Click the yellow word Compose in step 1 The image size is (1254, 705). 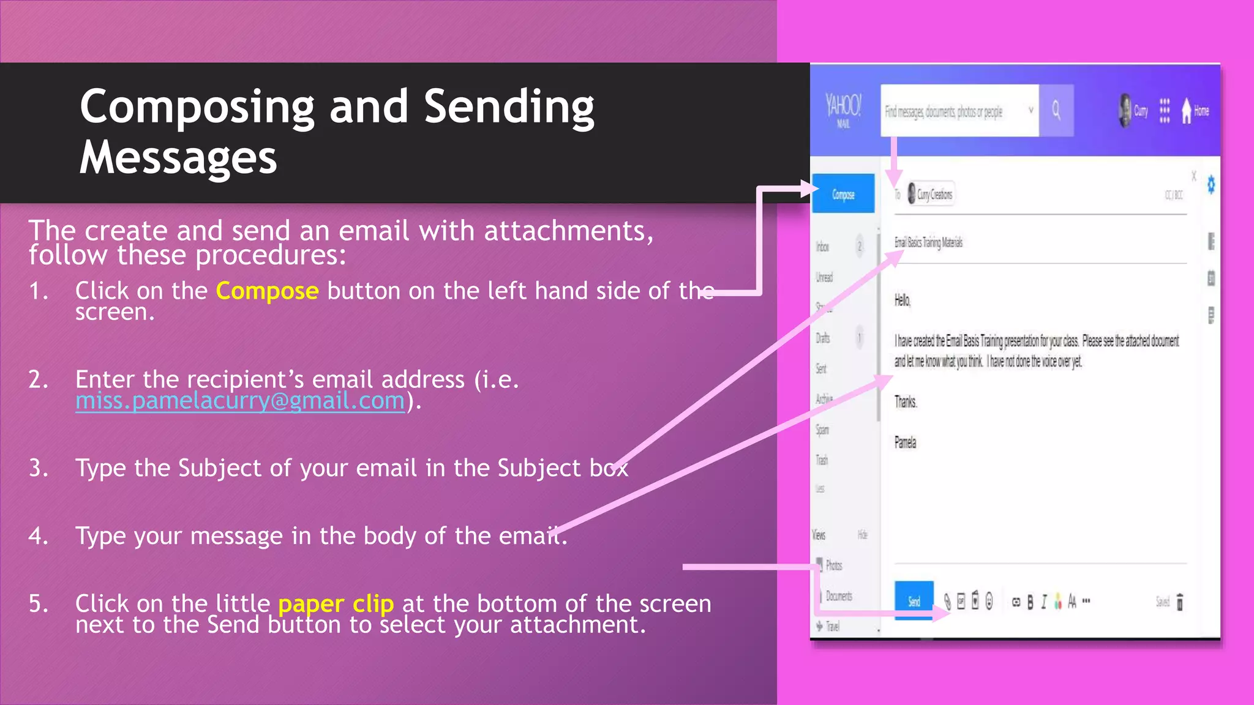click(x=267, y=291)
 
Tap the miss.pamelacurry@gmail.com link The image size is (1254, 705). click(x=240, y=401)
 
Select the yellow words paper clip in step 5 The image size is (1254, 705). click(x=336, y=604)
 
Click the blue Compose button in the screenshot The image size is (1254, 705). click(x=843, y=194)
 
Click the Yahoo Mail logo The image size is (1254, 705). click(x=843, y=109)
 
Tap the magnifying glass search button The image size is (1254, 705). click(x=1056, y=110)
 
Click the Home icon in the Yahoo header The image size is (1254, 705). click(x=1187, y=111)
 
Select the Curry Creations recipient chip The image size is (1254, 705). click(x=931, y=195)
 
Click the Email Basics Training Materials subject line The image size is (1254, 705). click(x=928, y=242)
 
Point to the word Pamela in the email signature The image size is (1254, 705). click(x=905, y=442)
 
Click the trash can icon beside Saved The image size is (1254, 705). click(x=1180, y=602)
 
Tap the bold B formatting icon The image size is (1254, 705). click(x=1030, y=602)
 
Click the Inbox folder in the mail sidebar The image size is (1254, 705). click(x=822, y=247)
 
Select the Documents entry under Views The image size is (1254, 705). click(x=838, y=595)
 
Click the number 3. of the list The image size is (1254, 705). click(x=39, y=468)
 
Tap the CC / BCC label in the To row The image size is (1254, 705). click(x=1174, y=195)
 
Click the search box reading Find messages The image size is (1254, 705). click(x=959, y=111)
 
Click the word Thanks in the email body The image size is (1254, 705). click(x=906, y=401)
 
